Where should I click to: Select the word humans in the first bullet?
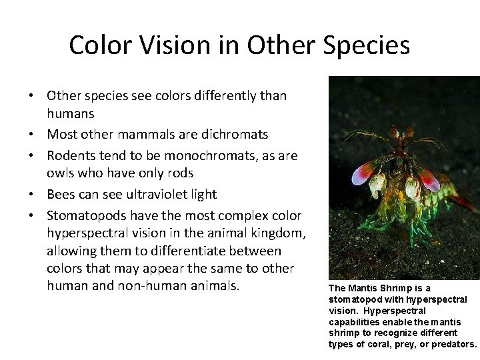pyautogui.click(x=71, y=114)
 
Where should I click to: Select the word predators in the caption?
pyautogui.click(x=454, y=344)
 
